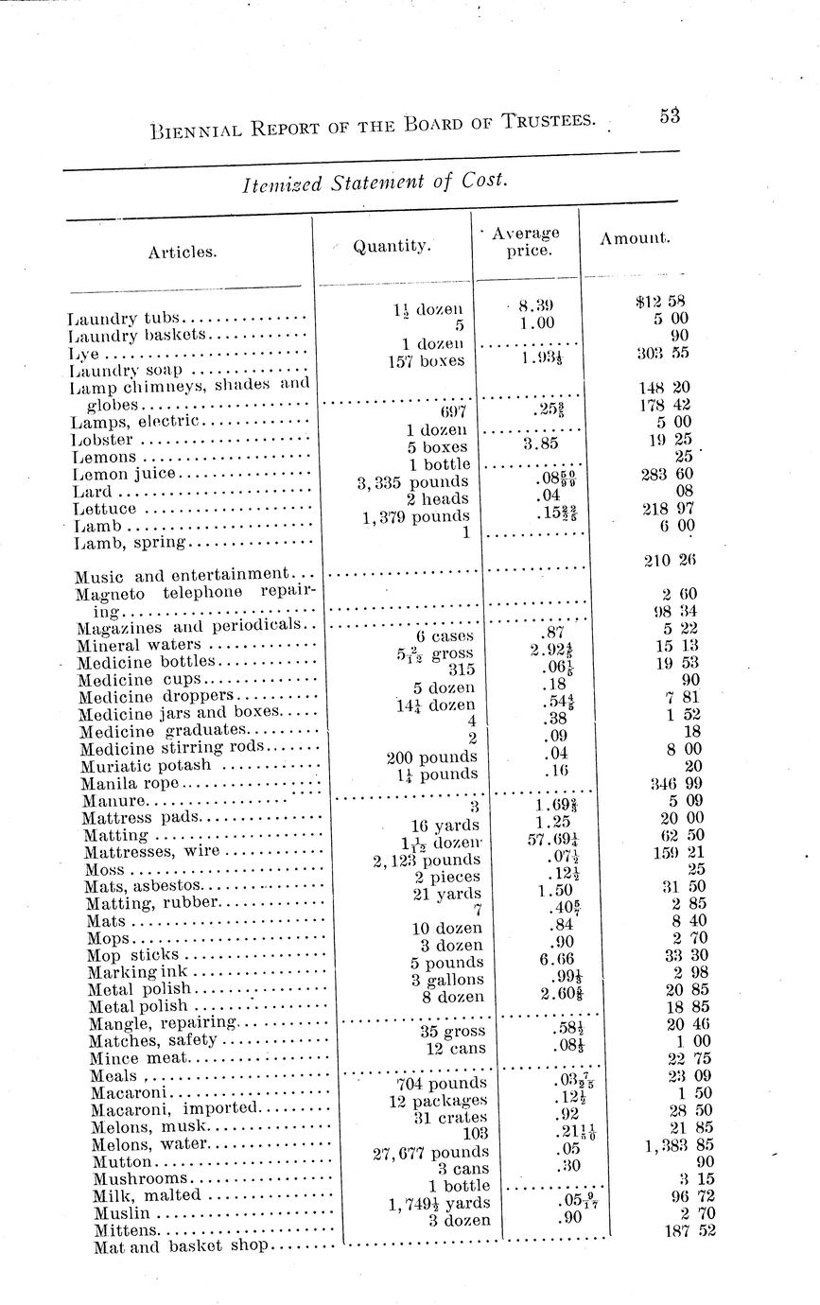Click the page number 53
[670, 115]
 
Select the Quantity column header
[392, 246]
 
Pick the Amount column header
[635, 238]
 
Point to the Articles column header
[182, 252]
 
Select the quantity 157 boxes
[426, 360]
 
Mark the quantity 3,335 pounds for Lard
[413, 482]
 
